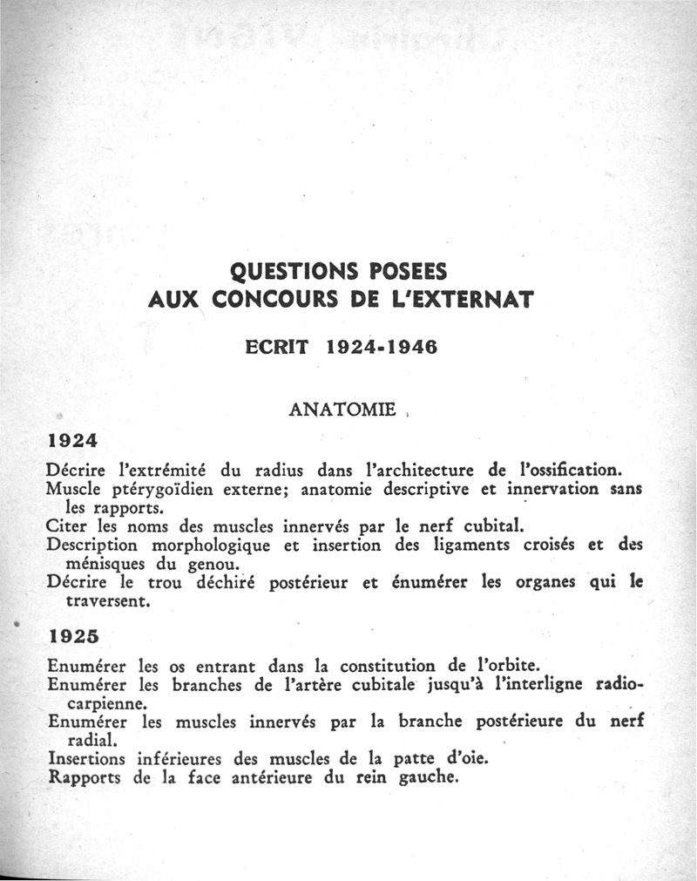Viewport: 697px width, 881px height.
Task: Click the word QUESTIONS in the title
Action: [x=276, y=268]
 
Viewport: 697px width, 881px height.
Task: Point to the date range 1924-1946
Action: [x=381, y=346]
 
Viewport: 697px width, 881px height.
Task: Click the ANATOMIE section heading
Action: [x=342, y=409]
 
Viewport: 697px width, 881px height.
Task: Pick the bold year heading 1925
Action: [x=73, y=636]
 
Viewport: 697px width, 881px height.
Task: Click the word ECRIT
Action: [x=276, y=346]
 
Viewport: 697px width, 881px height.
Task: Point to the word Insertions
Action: [x=87, y=758]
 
